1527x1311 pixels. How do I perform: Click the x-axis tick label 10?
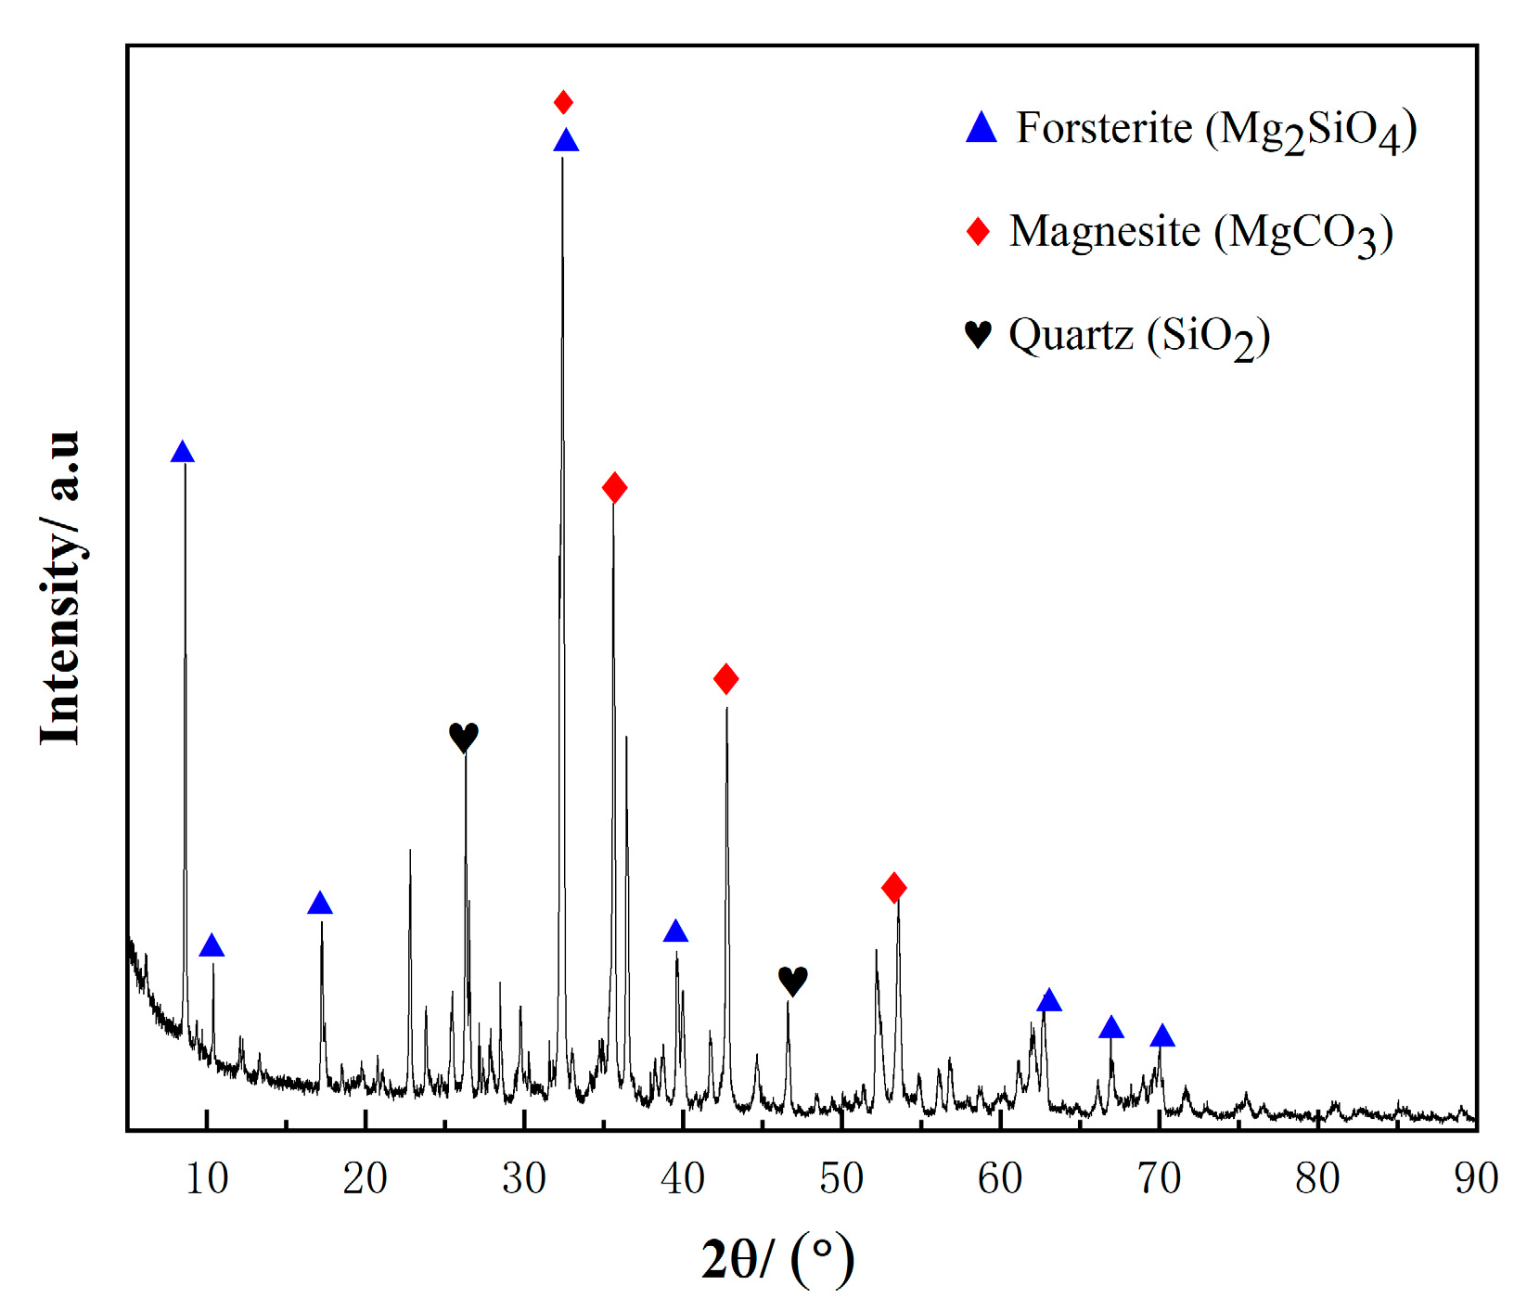[207, 1178]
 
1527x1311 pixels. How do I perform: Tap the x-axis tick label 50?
[841, 1178]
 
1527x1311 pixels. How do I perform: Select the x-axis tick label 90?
[1475, 1178]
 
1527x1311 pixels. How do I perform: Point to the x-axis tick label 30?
[524, 1178]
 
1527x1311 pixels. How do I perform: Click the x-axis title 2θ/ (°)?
[777, 1259]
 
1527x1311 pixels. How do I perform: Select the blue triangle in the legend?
[981, 128]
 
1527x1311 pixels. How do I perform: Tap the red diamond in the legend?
[978, 231]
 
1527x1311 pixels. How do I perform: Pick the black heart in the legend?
[978, 334]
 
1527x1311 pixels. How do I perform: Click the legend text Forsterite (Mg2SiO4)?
[1215, 130]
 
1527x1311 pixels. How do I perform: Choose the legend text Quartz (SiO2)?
[1138, 336]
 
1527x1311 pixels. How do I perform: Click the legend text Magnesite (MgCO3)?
[1200, 233]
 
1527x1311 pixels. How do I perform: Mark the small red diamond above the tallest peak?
[563, 101]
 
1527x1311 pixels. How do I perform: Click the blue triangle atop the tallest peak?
[566, 141]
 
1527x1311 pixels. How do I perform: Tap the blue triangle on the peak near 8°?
[183, 453]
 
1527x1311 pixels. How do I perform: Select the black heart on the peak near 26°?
[463, 738]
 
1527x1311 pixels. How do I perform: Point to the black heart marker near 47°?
[792, 981]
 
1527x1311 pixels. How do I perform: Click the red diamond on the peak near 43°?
[726, 679]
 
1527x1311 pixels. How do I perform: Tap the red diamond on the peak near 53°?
[893, 888]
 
